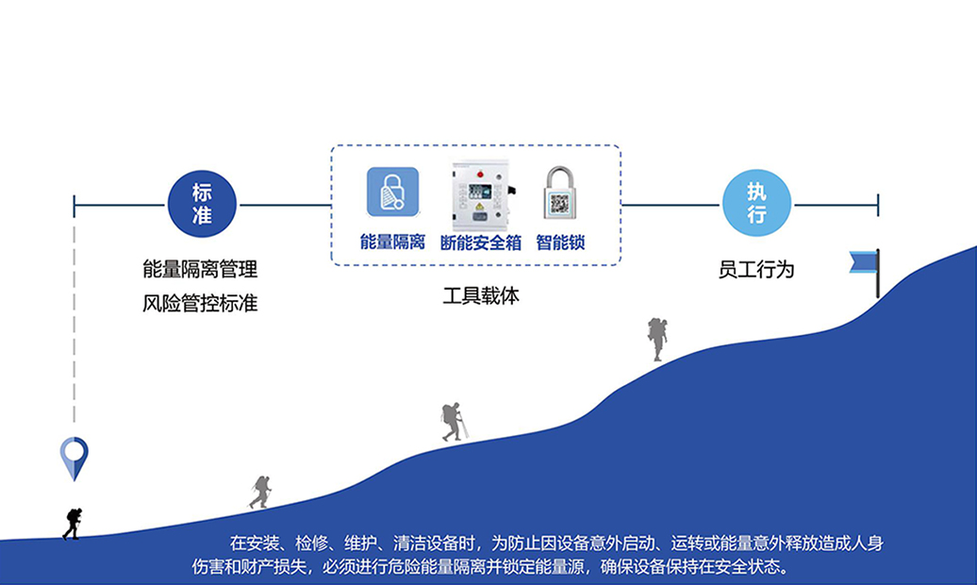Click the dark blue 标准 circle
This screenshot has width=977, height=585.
click(x=202, y=203)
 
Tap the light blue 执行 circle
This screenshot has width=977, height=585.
click(x=756, y=203)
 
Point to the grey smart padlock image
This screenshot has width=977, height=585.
click(x=560, y=194)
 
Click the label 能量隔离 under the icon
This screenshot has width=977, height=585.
click(x=392, y=242)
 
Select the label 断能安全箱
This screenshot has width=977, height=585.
click(x=481, y=242)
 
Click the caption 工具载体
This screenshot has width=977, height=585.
click(x=481, y=295)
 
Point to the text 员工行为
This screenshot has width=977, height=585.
click(x=756, y=270)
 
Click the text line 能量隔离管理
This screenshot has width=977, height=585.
click(x=200, y=270)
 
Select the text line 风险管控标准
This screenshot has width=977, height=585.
click(x=200, y=304)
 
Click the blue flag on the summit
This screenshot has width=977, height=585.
click(x=865, y=263)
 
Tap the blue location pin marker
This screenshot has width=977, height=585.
click(x=74, y=458)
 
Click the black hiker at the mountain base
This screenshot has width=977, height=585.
click(x=72, y=523)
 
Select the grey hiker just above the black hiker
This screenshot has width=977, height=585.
click(x=260, y=492)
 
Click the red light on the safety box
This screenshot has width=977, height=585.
click(x=480, y=174)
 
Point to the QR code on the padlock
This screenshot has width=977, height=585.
click(x=560, y=202)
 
